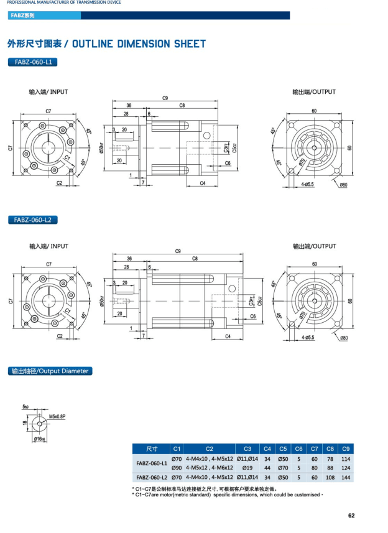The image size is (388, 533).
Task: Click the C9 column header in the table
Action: [346, 448]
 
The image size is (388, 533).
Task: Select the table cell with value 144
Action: [346, 477]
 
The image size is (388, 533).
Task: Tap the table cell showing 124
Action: [346, 468]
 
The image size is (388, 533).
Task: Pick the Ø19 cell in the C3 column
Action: [247, 468]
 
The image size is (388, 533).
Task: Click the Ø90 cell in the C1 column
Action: [176, 468]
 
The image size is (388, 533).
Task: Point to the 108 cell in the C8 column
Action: [330, 477]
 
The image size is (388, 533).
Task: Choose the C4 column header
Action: [267, 448]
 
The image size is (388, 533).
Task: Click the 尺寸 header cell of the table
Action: [152, 448]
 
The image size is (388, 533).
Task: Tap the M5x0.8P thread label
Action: [57, 416]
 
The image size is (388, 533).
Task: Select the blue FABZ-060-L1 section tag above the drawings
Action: [32, 62]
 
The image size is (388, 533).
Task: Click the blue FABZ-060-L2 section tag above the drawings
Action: [32, 220]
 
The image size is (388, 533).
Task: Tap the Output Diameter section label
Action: [50, 371]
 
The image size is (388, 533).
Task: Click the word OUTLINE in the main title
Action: [99, 44]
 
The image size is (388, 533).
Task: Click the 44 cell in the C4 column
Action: [267, 468]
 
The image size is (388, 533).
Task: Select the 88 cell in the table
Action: [330, 468]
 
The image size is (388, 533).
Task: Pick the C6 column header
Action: [299, 448]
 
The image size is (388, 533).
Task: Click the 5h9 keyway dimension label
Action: [25, 407]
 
